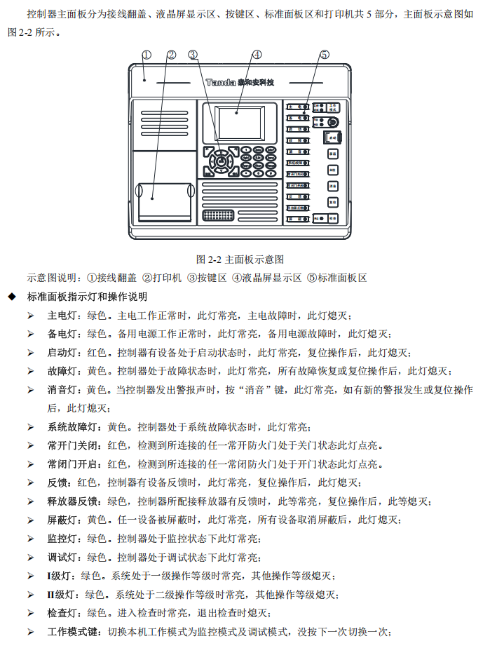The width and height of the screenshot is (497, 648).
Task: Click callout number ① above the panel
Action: pos(147,54)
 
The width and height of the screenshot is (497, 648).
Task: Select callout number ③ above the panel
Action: pos(193,54)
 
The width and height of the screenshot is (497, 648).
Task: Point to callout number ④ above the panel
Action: pos(257,54)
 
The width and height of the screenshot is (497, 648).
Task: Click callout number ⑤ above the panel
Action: pos(324,54)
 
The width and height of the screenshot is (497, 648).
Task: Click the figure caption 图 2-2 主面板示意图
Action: pos(240,259)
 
